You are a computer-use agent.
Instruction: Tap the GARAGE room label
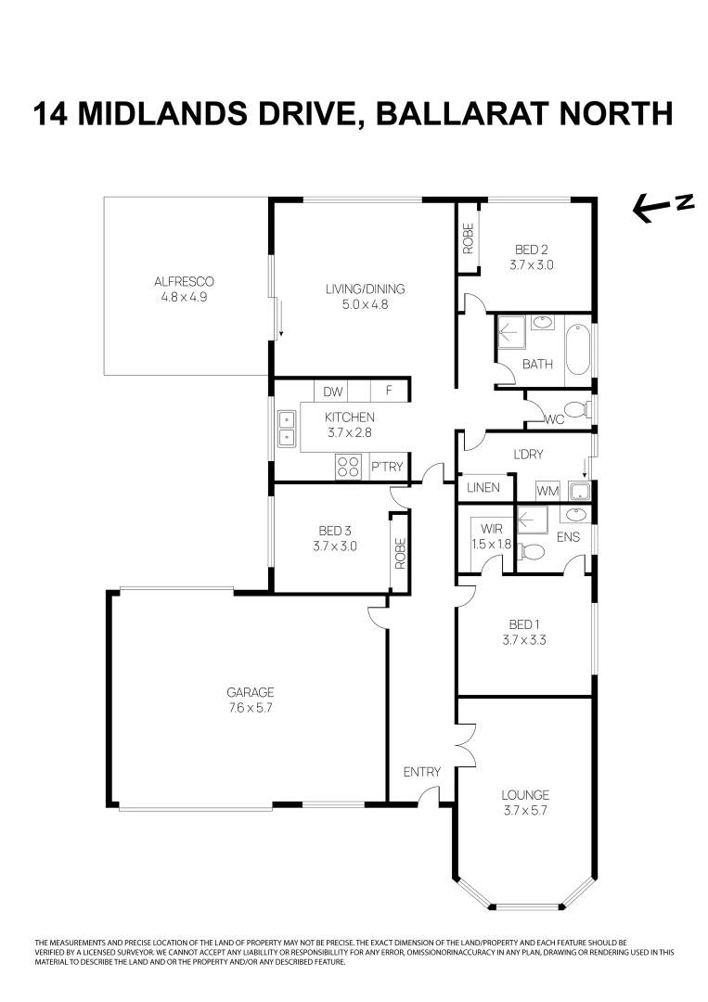251,692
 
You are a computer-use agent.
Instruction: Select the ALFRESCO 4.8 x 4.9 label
185,289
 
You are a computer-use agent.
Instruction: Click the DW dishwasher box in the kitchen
333,392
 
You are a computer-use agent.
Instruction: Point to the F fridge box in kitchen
389,392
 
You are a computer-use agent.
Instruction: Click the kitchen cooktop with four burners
349,467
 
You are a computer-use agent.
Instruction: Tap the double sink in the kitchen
286,430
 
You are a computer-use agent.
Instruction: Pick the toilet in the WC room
576,409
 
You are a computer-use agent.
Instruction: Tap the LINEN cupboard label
483,487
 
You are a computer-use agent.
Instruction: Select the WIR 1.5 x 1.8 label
491,536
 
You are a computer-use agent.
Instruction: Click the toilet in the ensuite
532,552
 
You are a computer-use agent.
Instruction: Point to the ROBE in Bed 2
468,239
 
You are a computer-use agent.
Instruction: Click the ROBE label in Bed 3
400,554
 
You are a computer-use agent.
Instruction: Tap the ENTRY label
421,772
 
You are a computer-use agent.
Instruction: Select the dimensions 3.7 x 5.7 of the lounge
525,810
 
